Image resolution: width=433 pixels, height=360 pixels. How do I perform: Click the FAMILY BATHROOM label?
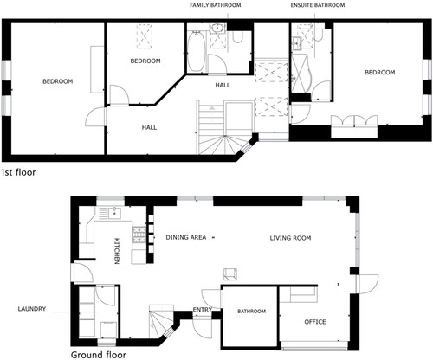[x=216, y=5]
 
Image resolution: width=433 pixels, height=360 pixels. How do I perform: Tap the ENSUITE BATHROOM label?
[x=318, y=5]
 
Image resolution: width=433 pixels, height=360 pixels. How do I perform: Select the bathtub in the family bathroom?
[x=197, y=51]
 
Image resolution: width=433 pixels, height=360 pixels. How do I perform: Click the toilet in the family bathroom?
[x=237, y=37]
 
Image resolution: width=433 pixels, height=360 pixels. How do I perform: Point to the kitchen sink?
[x=115, y=213]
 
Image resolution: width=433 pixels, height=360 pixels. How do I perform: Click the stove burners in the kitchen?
[x=139, y=235]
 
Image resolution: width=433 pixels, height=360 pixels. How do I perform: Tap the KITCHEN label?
[x=117, y=251]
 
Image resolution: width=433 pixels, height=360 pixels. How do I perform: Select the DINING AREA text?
[x=186, y=237]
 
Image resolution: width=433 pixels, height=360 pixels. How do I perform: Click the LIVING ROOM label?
[x=290, y=238]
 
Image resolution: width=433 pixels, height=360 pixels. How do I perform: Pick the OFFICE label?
[x=315, y=322]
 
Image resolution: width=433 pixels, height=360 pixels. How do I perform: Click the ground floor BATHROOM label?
[x=251, y=312]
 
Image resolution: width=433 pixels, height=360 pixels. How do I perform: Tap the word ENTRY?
[x=202, y=310]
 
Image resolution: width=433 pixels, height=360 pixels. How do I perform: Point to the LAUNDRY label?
[x=32, y=309]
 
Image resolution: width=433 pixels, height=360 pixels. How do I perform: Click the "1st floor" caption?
[x=18, y=172]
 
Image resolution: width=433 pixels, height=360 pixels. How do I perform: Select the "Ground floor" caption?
[x=99, y=355]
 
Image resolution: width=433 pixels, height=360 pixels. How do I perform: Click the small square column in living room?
[x=230, y=274]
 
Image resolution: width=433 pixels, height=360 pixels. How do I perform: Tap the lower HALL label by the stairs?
[x=149, y=127]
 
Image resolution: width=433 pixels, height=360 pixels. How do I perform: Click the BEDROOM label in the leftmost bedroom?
[x=58, y=81]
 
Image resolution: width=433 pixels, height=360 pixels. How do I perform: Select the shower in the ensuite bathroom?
[x=301, y=74]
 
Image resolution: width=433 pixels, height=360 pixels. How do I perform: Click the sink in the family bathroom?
[x=216, y=29]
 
